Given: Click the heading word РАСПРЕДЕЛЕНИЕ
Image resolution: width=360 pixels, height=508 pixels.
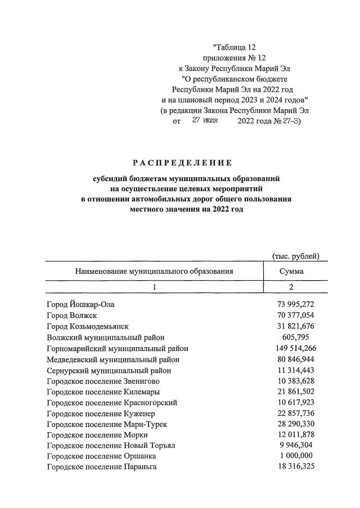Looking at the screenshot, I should (182, 163).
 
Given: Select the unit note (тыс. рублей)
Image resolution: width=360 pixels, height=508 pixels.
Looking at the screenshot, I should (295, 256).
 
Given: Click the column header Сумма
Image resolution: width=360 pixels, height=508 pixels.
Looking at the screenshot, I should (291, 271).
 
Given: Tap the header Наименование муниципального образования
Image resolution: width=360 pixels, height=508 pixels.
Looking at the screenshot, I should (154, 271).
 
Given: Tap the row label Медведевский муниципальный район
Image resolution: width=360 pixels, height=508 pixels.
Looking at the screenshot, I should (113, 359).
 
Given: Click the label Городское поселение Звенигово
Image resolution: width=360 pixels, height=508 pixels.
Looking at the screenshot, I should (103, 381).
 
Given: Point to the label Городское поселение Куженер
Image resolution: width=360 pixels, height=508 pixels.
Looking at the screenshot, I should (100, 413).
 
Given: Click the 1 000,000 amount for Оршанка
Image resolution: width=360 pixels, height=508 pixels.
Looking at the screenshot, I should (297, 456).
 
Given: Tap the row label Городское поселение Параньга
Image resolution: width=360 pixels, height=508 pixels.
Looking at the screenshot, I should (101, 467).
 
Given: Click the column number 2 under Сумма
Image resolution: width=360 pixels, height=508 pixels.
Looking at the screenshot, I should (291, 287).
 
